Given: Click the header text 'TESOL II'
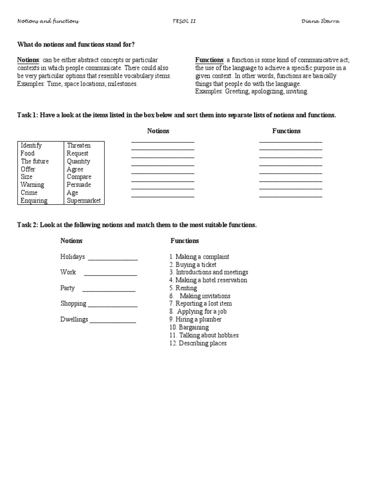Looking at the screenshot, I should click(184, 21).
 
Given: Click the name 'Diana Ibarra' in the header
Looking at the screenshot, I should click(322, 21).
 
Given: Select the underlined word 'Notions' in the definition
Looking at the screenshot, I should click(28, 60).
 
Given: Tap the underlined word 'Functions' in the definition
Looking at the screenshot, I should click(209, 60).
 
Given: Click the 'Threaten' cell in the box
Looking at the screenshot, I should click(79, 146).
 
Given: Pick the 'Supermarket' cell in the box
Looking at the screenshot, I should click(84, 201).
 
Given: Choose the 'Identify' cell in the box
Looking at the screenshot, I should click(31, 146).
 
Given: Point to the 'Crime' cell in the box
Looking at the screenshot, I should click(29, 193).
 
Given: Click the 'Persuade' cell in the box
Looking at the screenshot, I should click(79, 185).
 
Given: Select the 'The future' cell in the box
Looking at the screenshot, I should click(35, 161).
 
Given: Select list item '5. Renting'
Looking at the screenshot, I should click(183, 288).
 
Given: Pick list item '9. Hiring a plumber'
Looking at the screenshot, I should click(195, 320).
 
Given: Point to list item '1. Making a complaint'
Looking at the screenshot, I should click(199, 257).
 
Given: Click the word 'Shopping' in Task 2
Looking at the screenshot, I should click(74, 304).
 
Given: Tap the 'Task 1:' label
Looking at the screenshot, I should click(28, 115).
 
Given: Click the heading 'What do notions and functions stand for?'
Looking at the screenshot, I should click(76, 45).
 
